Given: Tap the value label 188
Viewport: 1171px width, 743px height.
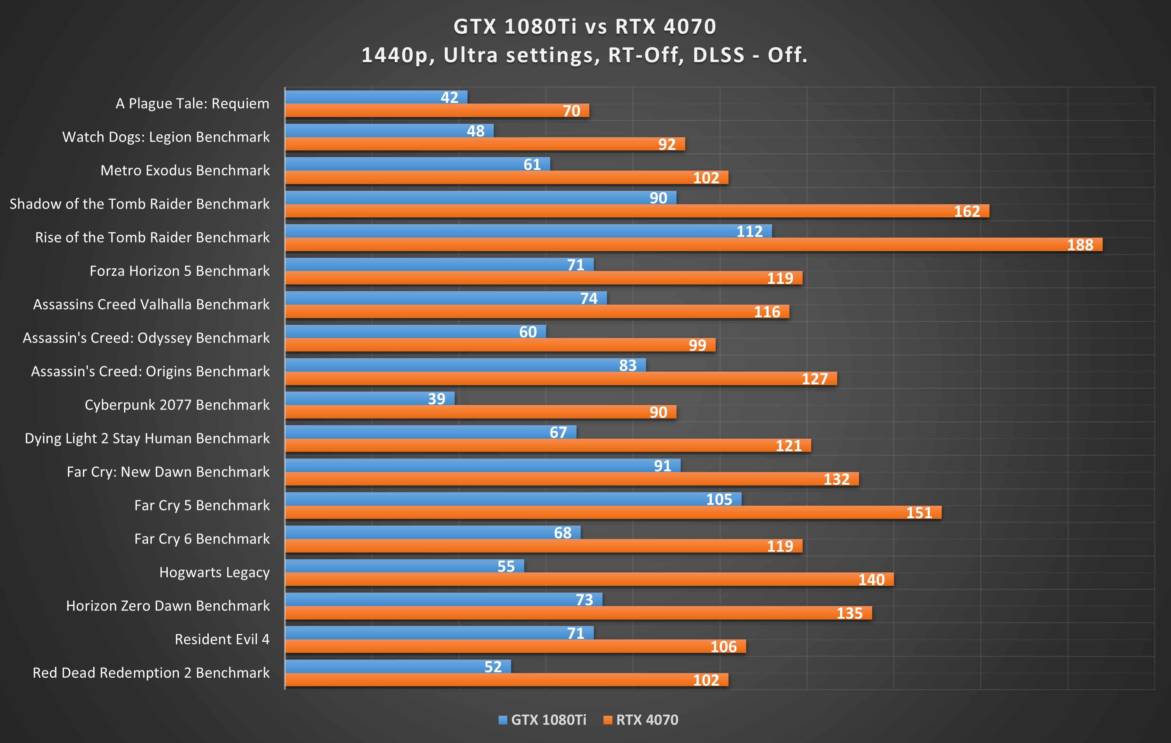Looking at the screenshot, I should click(x=1080, y=245).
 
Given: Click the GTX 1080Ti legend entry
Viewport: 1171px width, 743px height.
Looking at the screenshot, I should click(x=543, y=720).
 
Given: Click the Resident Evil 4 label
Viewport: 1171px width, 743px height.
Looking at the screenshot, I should click(x=222, y=639).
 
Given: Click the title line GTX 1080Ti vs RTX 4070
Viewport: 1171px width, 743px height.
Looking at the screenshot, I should click(x=585, y=27).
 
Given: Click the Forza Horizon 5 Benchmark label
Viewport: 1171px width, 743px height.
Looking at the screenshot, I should click(x=180, y=271).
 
